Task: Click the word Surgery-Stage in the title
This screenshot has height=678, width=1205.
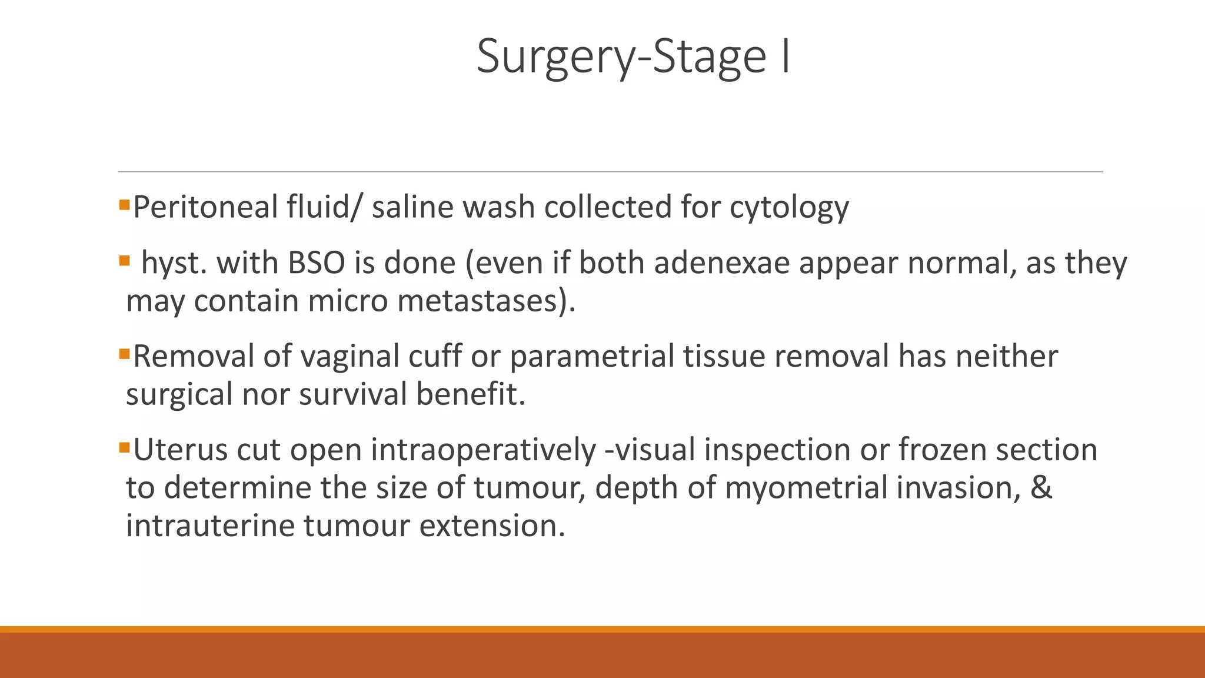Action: (x=621, y=57)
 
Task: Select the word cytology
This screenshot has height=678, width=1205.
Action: (x=789, y=208)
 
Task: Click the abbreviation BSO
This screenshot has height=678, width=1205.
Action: (x=316, y=263)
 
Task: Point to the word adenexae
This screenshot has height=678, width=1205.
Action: (x=721, y=263)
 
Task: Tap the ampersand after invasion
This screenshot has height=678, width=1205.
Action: (x=1041, y=488)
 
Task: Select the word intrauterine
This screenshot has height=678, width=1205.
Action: (x=211, y=526)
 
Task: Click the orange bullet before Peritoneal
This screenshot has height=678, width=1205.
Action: (x=124, y=205)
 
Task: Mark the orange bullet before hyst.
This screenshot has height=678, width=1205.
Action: (x=124, y=260)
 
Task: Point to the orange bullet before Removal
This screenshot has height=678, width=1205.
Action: (x=124, y=354)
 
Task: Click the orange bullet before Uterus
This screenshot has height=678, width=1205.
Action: (x=124, y=448)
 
